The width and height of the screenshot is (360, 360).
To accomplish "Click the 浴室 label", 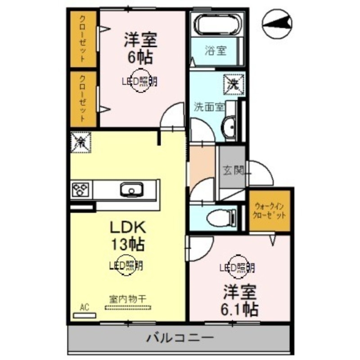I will tap(216, 51).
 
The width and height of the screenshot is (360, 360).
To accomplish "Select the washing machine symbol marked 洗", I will tap(234, 84).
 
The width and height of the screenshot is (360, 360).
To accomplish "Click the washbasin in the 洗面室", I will tap(229, 128).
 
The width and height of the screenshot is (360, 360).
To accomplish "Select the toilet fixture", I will tap(220, 218).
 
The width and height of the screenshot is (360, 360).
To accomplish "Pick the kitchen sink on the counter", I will tap(131, 189).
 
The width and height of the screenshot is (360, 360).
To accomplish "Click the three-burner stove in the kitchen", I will tap(80, 189).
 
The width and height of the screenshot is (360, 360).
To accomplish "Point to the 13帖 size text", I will tap(128, 244).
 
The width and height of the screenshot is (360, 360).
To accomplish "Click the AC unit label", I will tap(84, 307).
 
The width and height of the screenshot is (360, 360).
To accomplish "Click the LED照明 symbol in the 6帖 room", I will tap(141, 81).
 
